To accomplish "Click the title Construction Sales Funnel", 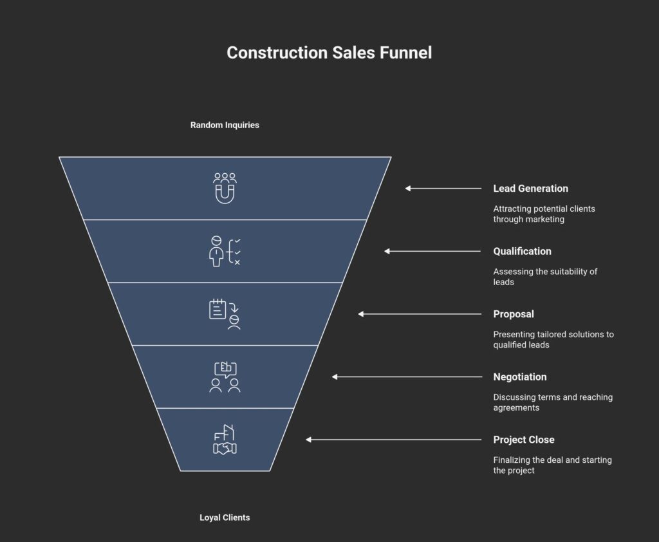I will click(x=329, y=53).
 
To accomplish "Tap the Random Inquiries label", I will click(x=225, y=125).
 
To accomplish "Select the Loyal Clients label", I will click(x=225, y=518).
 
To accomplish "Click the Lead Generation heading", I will click(x=530, y=189).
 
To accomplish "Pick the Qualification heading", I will click(x=522, y=251).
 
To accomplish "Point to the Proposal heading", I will click(x=514, y=314).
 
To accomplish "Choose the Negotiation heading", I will click(x=519, y=377).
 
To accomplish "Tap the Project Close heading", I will click(x=523, y=440).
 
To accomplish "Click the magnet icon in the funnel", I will click(x=225, y=188).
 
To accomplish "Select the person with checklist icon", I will click(x=225, y=251).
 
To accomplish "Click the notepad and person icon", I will click(x=225, y=314).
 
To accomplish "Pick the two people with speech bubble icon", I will click(x=225, y=377).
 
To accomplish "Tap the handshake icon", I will click(x=225, y=440).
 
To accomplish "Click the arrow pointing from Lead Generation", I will click(x=443, y=189).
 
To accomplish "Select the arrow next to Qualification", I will click(x=432, y=251).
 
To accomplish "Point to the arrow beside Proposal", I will click(x=420, y=314).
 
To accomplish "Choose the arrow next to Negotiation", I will click(x=407, y=377).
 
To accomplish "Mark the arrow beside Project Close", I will click(x=393, y=440).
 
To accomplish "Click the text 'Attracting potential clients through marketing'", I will click(x=544, y=214).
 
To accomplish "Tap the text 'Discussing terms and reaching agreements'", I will click(x=552, y=402).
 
